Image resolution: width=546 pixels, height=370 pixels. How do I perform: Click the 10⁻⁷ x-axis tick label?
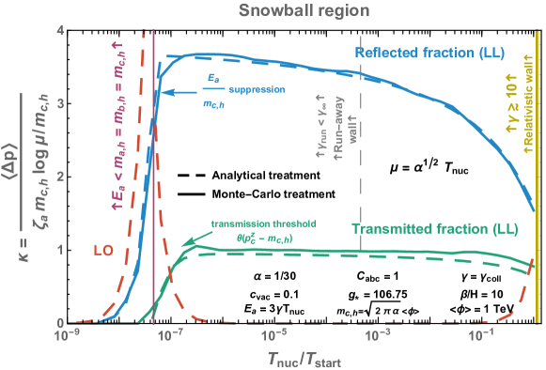tap(170, 334)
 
